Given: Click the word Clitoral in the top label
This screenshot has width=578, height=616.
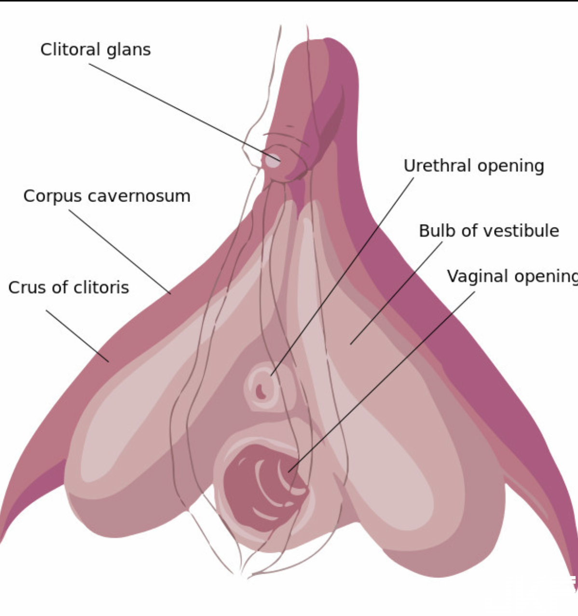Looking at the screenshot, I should coord(70,50).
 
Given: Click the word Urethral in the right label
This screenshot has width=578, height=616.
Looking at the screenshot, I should coord(437,166).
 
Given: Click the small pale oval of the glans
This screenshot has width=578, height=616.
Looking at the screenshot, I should coord(273,161).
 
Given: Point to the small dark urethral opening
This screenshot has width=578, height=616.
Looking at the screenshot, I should coord(261,391).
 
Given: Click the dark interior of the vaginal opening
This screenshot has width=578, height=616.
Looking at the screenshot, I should coord(251,487).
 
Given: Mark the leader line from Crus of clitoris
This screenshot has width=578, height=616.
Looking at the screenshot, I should coord(77,335).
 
